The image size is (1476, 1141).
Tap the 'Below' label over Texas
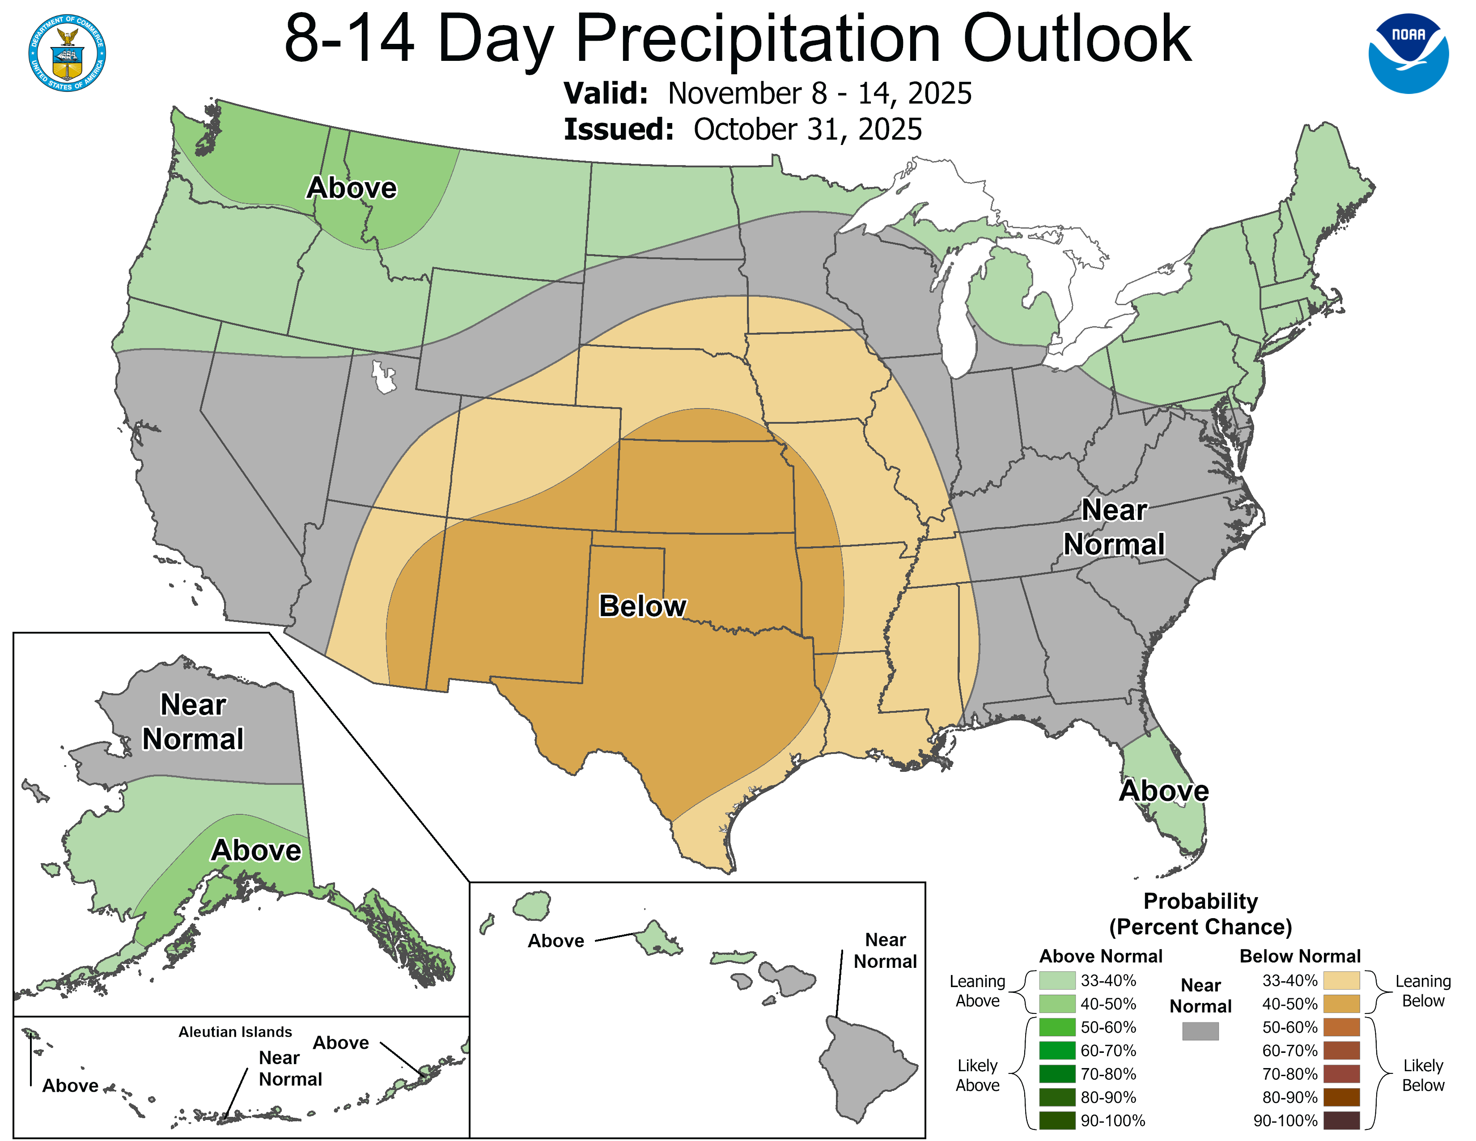642,606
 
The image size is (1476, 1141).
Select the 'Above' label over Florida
1164,791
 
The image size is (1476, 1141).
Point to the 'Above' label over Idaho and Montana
352,188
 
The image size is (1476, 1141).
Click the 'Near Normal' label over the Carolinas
1114,527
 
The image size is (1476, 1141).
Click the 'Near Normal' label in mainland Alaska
193,722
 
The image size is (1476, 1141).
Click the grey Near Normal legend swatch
1200,1031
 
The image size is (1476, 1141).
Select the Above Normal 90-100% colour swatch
1057,1121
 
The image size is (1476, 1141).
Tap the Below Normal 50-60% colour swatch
1341,1027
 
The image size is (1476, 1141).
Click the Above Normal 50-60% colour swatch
1057,1027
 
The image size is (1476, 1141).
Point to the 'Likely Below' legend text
1423,1075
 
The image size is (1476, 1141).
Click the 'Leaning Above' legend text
977,991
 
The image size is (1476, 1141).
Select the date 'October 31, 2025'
808,130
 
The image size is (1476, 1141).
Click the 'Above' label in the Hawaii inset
556,941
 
